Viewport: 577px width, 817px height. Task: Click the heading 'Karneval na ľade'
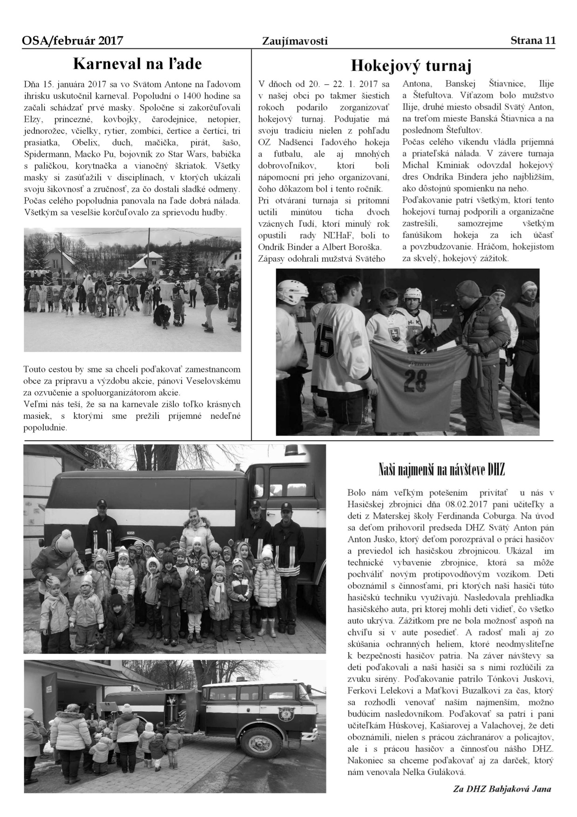[137, 63]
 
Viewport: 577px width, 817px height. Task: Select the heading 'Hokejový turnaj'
[411, 66]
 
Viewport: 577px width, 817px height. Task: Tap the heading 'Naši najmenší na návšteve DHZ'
[441, 470]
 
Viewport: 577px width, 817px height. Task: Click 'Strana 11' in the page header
[533, 40]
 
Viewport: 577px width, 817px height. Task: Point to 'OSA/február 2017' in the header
[72, 41]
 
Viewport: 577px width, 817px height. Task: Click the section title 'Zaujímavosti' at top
[295, 41]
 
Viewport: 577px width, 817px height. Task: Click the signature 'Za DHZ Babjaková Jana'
[502, 789]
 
